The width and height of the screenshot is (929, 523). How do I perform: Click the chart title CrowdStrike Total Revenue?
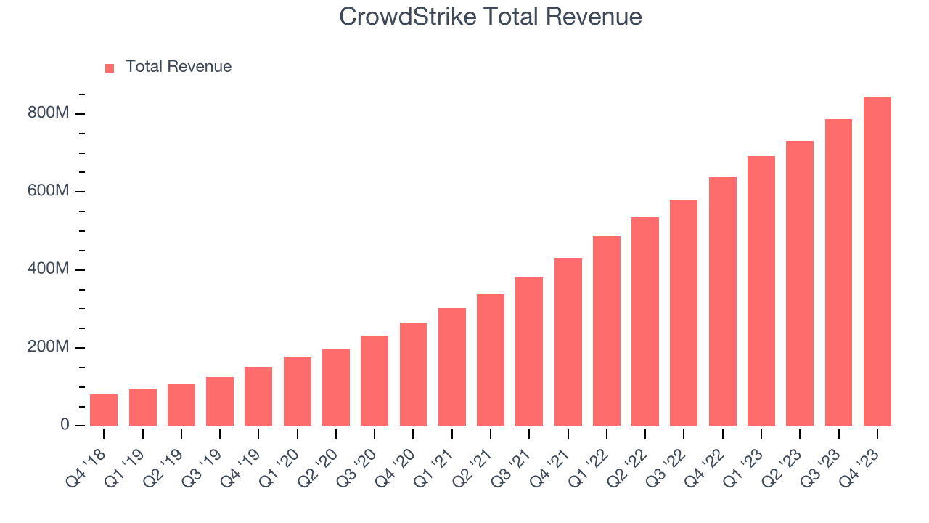pyautogui.click(x=491, y=16)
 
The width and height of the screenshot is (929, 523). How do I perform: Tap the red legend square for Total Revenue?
pyautogui.click(x=110, y=68)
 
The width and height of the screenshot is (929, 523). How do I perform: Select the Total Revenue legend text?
pyautogui.click(x=179, y=67)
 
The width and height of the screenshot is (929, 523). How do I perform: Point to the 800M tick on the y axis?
pyautogui.click(x=49, y=114)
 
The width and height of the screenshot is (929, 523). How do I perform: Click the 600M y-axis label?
pyautogui.click(x=49, y=192)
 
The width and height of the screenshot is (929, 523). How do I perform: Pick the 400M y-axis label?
pyautogui.click(x=49, y=269)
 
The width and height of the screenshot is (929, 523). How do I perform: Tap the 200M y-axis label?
pyautogui.click(x=49, y=347)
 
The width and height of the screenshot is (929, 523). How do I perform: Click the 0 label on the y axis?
pyautogui.click(x=65, y=425)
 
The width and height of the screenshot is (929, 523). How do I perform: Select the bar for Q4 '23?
pyautogui.click(x=877, y=261)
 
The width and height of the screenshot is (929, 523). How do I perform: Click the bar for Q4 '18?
pyautogui.click(x=104, y=410)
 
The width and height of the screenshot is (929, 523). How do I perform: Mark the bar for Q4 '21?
pyautogui.click(x=568, y=341)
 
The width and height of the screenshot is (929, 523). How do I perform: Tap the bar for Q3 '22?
pyautogui.click(x=684, y=312)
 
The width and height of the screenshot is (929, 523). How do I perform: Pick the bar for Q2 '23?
pyautogui.click(x=800, y=283)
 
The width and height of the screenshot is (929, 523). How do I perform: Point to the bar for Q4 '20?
pyautogui.click(x=413, y=374)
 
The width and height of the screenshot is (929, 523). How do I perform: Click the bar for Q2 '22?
pyautogui.click(x=645, y=321)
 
